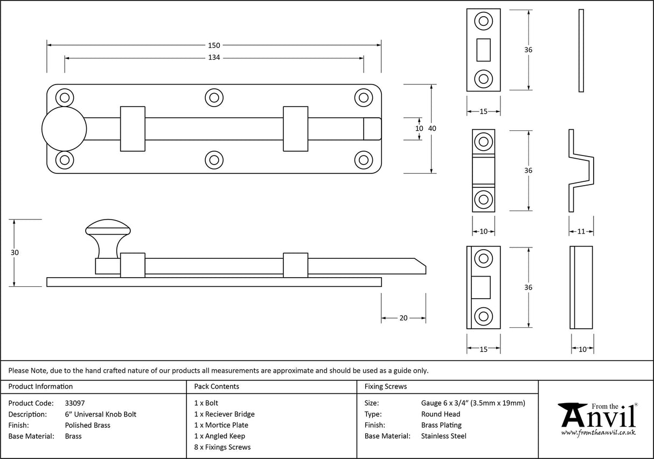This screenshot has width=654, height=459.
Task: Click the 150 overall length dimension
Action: point(214,45)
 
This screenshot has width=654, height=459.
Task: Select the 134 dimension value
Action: point(214,58)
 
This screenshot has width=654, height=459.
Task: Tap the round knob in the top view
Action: point(64,129)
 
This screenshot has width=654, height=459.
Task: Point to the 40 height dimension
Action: point(432,129)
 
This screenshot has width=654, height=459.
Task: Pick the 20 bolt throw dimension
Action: point(403,318)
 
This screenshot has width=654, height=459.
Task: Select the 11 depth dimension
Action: point(581,231)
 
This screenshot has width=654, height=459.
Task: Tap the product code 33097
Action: point(74,402)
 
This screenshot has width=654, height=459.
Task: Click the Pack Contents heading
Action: point(217,386)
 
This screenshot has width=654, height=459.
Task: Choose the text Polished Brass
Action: point(87,425)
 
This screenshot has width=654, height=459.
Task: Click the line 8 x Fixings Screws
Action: point(222,447)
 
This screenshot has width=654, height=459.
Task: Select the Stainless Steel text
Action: point(444,436)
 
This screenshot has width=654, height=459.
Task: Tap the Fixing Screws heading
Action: point(386,386)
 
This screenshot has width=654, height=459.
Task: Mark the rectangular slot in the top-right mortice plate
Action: point(483,50)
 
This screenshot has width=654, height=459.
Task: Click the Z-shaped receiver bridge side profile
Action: point(581,170)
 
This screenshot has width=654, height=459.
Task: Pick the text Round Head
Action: point(441,414)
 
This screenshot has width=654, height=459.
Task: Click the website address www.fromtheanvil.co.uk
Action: point(599,432)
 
